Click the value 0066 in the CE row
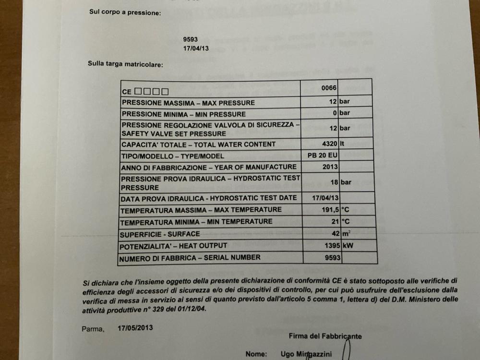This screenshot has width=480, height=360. point(329,88)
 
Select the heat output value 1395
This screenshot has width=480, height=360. point(330,245)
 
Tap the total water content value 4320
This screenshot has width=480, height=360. point(329,144)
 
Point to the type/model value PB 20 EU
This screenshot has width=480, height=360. point(323,156)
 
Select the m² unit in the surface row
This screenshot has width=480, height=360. point(346,234)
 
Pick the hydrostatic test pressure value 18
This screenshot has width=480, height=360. point(334,182)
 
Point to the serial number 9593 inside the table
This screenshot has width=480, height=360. point(332,258)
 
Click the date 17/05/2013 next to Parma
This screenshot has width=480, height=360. point(136,328)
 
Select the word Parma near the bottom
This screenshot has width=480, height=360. point(92,329)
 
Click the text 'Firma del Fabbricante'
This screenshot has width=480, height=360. point(325,336)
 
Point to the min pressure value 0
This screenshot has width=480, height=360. point(336,113)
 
